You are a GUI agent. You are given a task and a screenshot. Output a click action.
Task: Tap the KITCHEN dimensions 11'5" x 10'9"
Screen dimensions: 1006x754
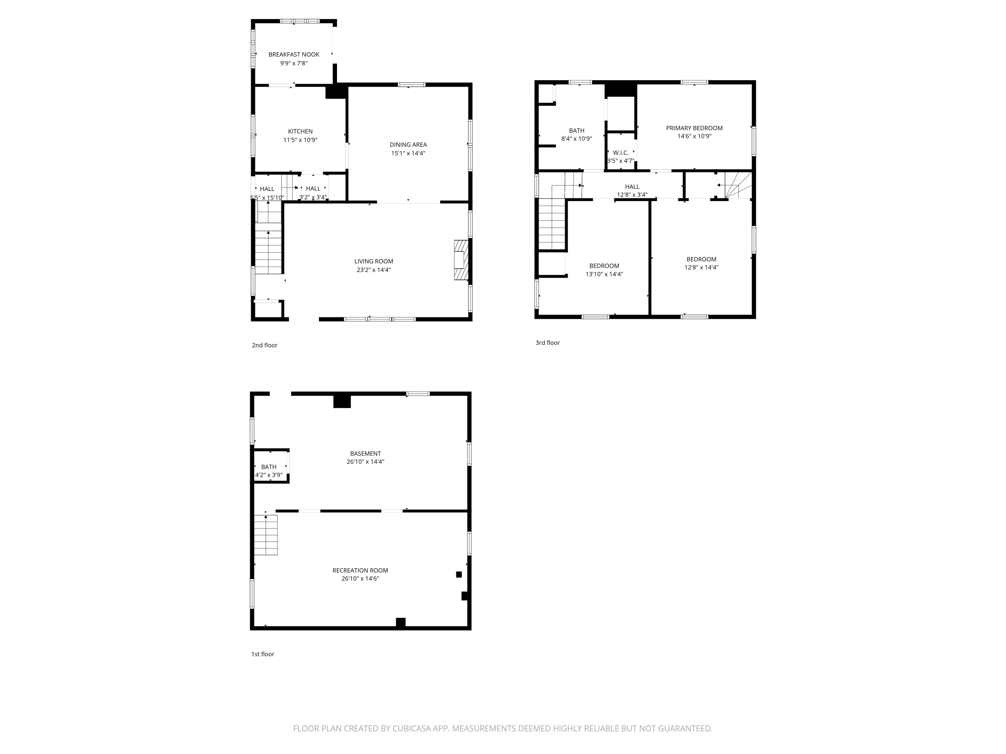pos(300,140)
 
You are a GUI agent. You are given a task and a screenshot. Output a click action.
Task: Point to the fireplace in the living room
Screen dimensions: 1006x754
pos(461,260)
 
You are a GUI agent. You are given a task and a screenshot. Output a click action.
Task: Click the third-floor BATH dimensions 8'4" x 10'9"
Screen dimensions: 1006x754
pos(577,139)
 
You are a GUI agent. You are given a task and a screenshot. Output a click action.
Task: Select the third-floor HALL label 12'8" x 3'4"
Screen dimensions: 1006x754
pos(632,190)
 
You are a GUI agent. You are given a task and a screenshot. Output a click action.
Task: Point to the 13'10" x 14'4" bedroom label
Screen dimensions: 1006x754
pos(604,270)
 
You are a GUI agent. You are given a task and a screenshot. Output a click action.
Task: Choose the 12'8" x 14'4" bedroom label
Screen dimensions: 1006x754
pos(701,263)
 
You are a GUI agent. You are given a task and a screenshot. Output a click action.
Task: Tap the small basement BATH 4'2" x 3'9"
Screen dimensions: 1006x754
pos(269,471)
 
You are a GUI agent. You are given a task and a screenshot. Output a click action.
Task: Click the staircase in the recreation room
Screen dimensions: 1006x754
pos(266,535)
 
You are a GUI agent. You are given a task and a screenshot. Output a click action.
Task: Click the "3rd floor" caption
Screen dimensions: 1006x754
pos(548,343)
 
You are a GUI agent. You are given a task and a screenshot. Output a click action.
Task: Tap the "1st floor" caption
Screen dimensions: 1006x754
pos(263,654)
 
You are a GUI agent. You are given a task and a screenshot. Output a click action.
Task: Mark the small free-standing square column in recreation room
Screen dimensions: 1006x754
pos(459,574)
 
